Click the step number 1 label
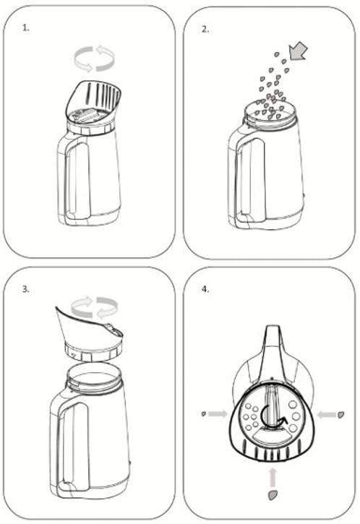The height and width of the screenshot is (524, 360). pyautogui.click(x=26, y=28)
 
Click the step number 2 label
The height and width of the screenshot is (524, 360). pyautogui.click(x=205, y=29)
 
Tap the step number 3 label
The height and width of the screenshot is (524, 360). pyautogui.click(x=26, y=289)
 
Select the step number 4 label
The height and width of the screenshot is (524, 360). pyautogui.click(x=205, y=289)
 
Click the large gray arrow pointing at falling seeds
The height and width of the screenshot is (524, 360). pyautogui.click(x=298, y=51)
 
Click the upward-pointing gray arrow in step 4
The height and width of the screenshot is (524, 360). pyautogui.click(x=273, y=477)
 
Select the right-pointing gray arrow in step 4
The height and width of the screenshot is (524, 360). pyautogui.click(x=218, y=414)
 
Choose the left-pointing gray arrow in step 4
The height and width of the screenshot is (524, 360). pyautogui.click(x=327, y=415)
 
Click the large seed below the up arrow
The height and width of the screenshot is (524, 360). pyautogui.click(x=273, y=495)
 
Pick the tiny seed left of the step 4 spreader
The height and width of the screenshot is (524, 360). pyautogui.click(x=204, y=413)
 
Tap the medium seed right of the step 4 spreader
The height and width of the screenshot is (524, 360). pyautogui.click(x=341, y=415)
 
